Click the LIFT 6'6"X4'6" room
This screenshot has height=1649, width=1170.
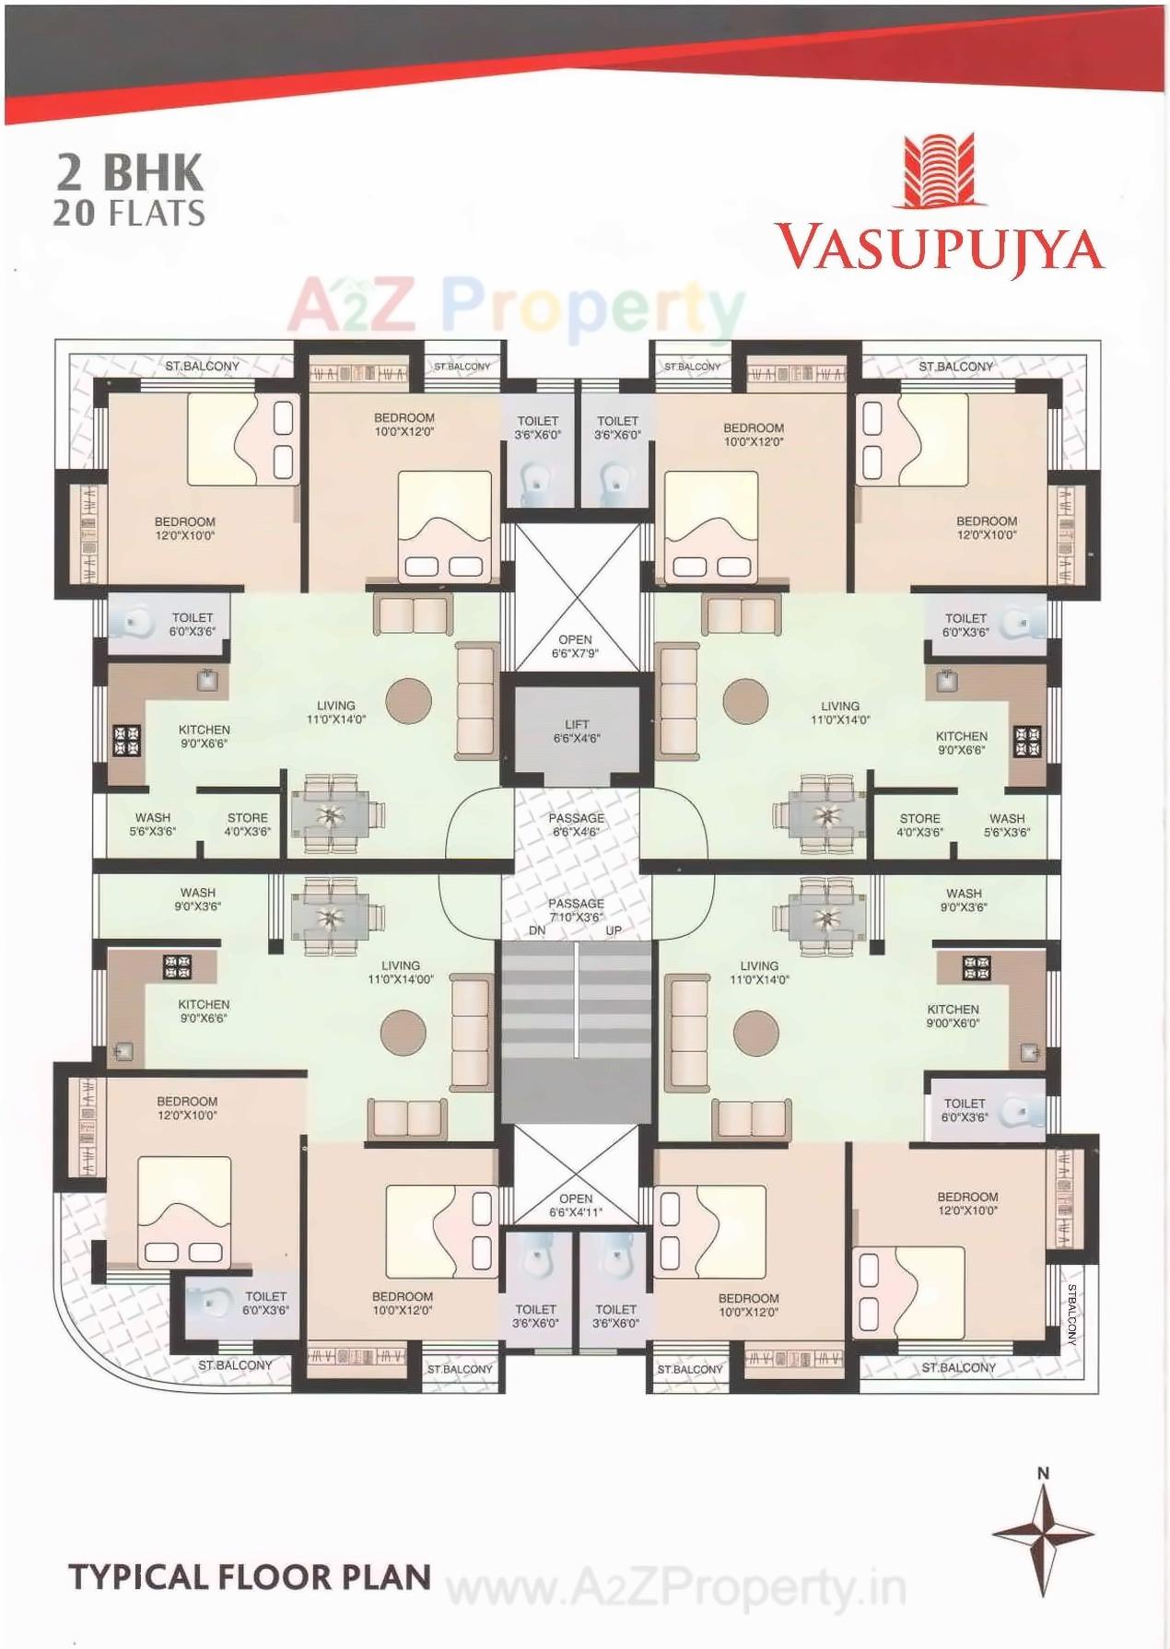[577, 731]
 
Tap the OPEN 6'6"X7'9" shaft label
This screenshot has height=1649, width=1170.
[575, 646]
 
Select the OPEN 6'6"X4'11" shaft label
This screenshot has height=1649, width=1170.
[576, 1205]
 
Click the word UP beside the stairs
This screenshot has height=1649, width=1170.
[614, 930]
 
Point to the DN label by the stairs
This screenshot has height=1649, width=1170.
[537, 930]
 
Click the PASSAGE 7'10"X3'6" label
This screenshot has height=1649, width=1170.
[576, 910]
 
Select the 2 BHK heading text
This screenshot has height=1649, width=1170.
[129, 172]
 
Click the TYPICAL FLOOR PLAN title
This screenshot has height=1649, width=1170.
[250, 1577]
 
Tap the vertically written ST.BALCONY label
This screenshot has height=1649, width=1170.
[1071, 1315]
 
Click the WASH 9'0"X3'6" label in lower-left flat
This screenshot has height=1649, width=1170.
[198, 899]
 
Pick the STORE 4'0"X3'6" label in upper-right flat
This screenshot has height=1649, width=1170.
[919, 824]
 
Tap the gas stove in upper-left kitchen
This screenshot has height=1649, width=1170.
[126, 741]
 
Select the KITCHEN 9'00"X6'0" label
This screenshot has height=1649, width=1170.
[953, 1015]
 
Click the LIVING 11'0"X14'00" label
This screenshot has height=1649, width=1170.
[401, 972]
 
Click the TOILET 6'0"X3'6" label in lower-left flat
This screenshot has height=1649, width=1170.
[265, 1303]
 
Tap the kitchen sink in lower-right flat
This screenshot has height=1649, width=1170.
[1029, 1052]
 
